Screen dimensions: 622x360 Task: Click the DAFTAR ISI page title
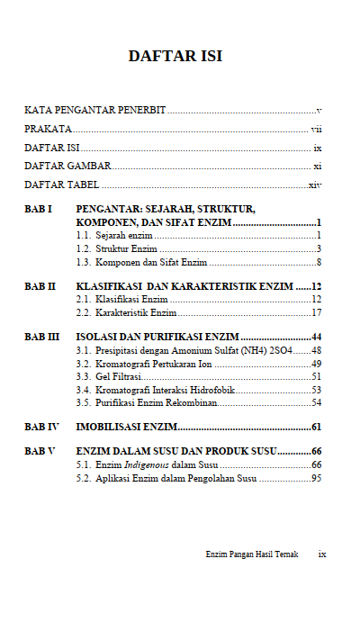(x=175, y=57)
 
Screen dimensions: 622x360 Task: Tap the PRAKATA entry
(x=49, y=129)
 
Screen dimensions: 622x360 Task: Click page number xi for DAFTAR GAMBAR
(x=318, y=167)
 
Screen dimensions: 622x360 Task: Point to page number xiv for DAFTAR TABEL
(x=315, y=185)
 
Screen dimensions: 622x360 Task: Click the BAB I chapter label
(x=39, y=209)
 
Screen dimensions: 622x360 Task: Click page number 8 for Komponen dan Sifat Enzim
(x=319, y=262)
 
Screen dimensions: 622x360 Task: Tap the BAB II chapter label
(x=40, y=285)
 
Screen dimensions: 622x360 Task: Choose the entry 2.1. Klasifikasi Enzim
(x=122, y=299)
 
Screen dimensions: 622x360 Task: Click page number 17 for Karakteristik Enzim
(x=317, y=312)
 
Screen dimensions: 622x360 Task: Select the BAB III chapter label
(x=42, y=336)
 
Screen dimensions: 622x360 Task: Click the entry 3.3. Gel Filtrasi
(x=110, y=375)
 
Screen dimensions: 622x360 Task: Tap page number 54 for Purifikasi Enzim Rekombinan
(x=317, y=402)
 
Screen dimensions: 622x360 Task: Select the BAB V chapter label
(x=40, y=450)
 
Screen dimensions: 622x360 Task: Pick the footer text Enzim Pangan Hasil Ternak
(x=251, y=554)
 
